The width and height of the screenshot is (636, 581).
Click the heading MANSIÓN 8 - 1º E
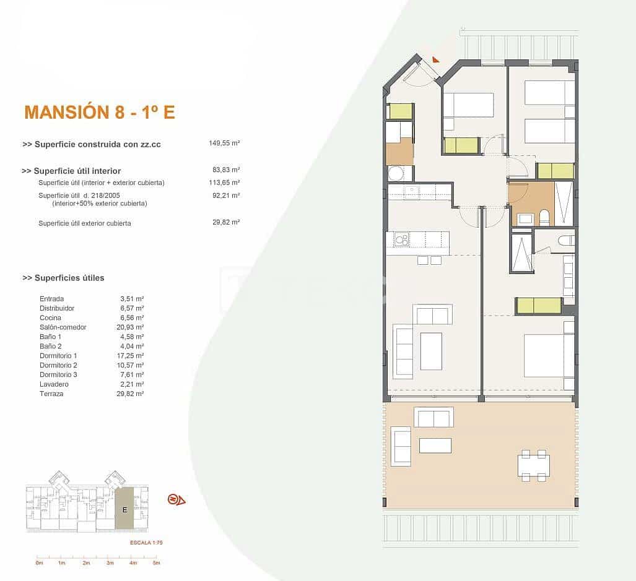[99, 112]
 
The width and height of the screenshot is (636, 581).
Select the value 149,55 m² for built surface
[224, 143]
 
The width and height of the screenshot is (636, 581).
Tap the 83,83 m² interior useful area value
[225, 170]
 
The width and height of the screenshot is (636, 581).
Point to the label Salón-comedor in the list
[63, 327]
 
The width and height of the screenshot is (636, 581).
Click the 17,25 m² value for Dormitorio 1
[132, 356]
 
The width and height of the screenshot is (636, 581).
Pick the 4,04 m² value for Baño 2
[132, 346]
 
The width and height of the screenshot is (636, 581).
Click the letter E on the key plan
[124, 510]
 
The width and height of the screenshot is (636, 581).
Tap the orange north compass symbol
[176, 500]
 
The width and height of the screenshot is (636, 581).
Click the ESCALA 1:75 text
[146, 542]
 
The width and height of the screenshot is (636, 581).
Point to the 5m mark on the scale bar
[157, 563]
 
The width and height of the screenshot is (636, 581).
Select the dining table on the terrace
[533, 465]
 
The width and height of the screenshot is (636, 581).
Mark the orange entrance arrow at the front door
[436, 59]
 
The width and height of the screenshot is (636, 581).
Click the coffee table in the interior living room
[431, 351]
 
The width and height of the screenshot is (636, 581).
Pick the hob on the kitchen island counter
[401, 239]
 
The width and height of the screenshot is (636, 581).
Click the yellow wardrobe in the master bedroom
[538, 306]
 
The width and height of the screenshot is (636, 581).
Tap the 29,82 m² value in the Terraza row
[132, 394]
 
